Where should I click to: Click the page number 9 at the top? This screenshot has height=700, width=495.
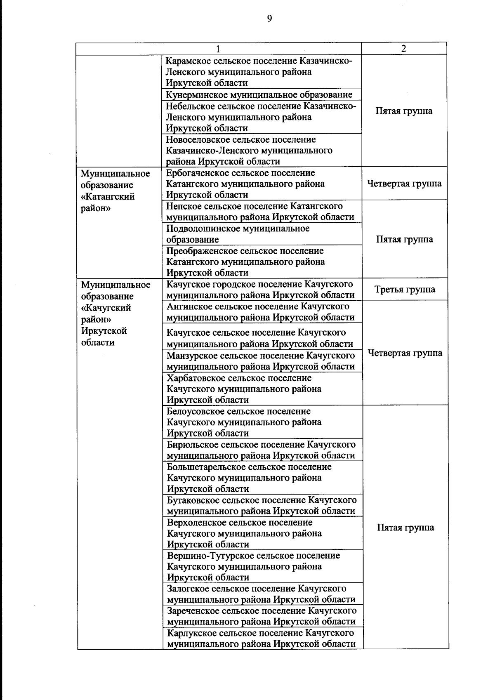[269, 19]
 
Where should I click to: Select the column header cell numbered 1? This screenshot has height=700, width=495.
[218, 49]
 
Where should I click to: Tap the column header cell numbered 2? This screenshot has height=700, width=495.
[403, 49]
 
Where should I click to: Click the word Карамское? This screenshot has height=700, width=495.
[187, 61]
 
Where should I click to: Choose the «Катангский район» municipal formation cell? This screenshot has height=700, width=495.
[115, 191]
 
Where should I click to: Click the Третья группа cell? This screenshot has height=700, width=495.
[405, 290]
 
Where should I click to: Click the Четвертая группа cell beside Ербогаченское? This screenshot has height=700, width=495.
[404, 184]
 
